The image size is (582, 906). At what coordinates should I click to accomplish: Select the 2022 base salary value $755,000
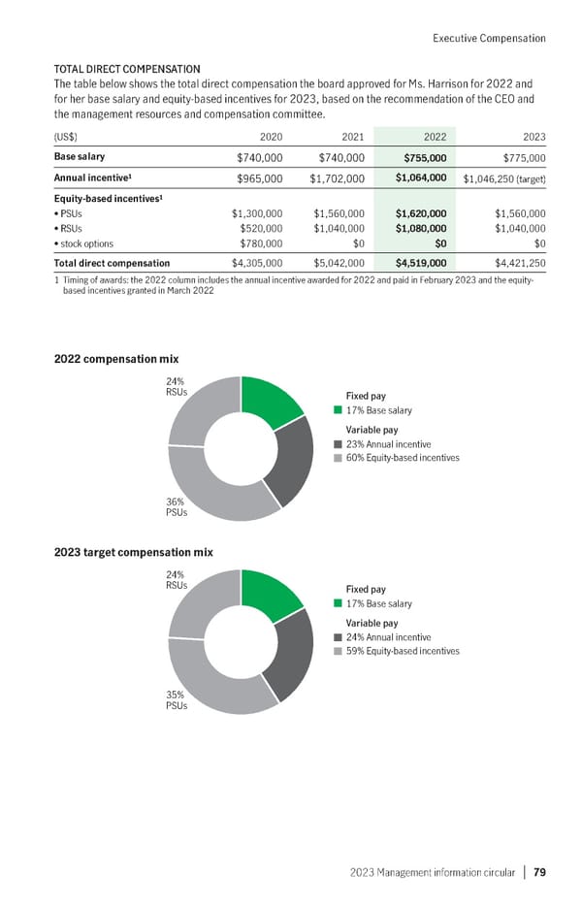pos(418,157)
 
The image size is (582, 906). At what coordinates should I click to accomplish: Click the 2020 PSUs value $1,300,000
pos(256,213)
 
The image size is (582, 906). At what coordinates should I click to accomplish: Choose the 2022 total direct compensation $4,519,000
pos(418,263)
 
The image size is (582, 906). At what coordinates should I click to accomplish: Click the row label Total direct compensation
pos(112,263)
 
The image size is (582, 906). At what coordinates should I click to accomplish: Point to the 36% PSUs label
pos(177,506)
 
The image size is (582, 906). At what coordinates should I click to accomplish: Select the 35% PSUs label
pos(177,699)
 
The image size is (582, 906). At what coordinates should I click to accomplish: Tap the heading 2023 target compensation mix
pos(133,552)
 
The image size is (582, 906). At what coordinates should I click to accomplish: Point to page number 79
pos(538,871)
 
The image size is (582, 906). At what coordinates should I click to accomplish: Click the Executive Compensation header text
pos(488,38)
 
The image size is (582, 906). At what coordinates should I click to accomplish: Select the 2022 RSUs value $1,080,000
pos(418,228)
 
